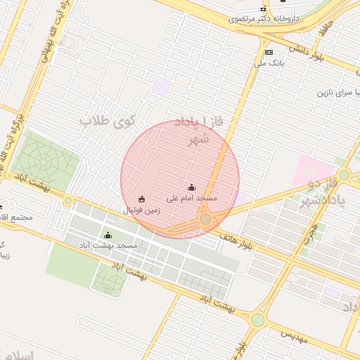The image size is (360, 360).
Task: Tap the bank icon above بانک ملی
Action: [268, 52]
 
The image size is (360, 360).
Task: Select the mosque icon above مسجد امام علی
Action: [192, 187]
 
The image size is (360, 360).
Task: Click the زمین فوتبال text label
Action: [142, 210]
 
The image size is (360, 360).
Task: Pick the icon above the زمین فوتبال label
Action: [142, 199]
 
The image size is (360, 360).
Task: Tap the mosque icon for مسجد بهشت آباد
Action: [108, 235]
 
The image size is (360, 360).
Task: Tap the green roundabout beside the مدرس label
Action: [257, 320]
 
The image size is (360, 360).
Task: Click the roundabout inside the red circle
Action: [205, 220]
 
